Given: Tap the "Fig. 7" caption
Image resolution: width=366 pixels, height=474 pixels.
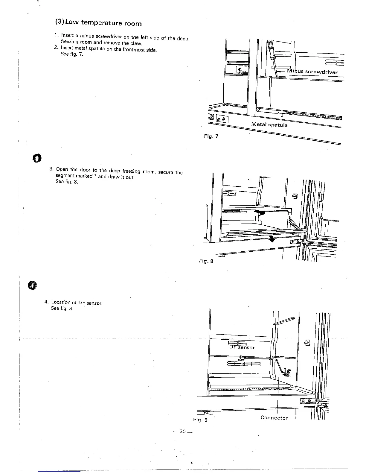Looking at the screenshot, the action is tap(211, 136).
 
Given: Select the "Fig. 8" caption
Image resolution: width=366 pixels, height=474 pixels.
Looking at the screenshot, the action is tap(206, 261).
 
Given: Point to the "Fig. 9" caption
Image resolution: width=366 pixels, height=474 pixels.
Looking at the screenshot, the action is tap(200, 420).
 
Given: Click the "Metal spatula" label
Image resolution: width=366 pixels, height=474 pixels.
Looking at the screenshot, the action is tap(269, 124).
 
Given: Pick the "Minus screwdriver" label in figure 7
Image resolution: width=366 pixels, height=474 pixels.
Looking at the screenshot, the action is tap(312, 72).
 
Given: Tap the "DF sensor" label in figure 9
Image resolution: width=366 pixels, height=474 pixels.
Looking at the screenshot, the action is tap(242, 347).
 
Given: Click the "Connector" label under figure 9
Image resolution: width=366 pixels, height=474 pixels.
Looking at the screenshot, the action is tap(274, 418).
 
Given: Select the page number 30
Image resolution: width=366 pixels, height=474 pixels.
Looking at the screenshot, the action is tap(183, 432).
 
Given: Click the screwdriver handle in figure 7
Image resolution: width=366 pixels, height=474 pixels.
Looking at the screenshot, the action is tap(271, 48).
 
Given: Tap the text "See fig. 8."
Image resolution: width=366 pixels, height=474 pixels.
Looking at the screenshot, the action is tap(67, 182).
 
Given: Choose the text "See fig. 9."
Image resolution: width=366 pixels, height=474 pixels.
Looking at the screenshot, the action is tap(62, 308).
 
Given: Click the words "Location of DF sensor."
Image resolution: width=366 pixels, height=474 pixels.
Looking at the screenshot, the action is tap(77, 303).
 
